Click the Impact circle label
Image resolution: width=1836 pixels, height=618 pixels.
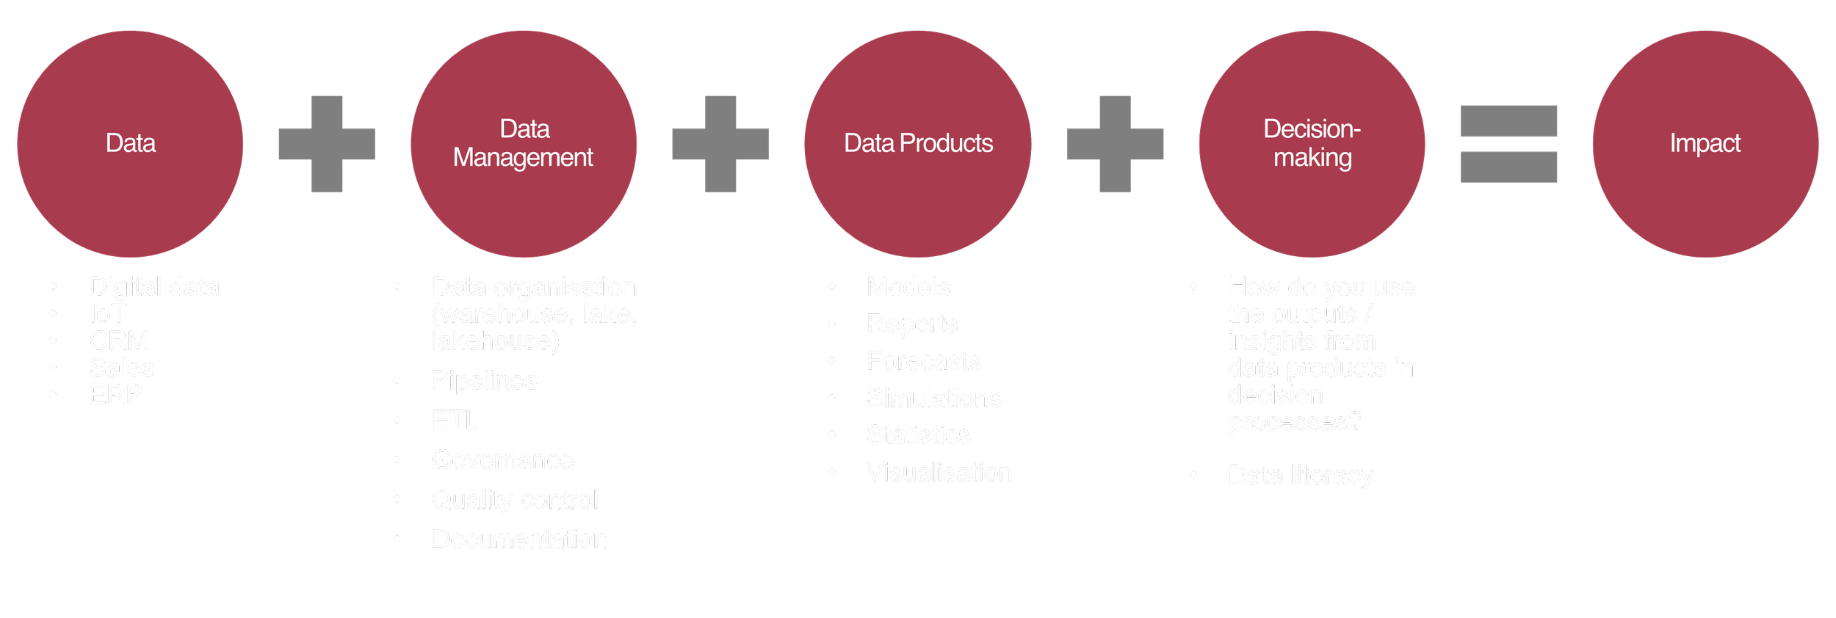click(1705, 143)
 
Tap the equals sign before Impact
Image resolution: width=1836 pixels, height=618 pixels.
click(1508, 144)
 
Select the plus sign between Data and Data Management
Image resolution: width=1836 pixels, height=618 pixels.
click(327, 144)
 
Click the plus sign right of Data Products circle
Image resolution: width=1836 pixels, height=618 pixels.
click(1115, 144)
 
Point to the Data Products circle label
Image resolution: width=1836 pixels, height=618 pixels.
click(918, 143)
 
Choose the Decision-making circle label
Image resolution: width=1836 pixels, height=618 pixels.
click(1312, 143)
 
